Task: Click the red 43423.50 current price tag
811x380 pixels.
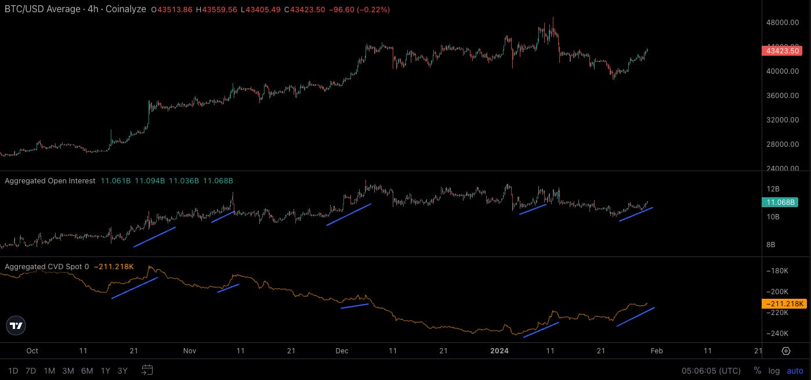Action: tap(781, 51)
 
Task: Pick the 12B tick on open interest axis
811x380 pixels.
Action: tap(773, 189)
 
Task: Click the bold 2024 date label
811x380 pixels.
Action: tap(499, 351)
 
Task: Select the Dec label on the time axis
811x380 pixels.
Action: tap(342, 351)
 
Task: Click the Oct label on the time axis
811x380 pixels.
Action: tap(32, 351)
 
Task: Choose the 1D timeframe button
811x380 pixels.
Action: tap(13, 371)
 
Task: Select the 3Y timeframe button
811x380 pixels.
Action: tap(122, 371)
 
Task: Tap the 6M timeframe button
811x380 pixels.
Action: tap(87, 371)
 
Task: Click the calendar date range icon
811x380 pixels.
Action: tap(147, 370)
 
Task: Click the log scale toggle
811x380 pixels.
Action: tap(774, 371)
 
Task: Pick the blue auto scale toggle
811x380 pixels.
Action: tap(795, 371)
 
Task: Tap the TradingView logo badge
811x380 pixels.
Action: tap(17, 326)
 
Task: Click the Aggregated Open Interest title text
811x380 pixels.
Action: tap(50, 181)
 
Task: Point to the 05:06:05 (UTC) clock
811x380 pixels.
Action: tap(711, 371)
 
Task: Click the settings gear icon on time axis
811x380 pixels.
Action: tap(786, 351)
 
